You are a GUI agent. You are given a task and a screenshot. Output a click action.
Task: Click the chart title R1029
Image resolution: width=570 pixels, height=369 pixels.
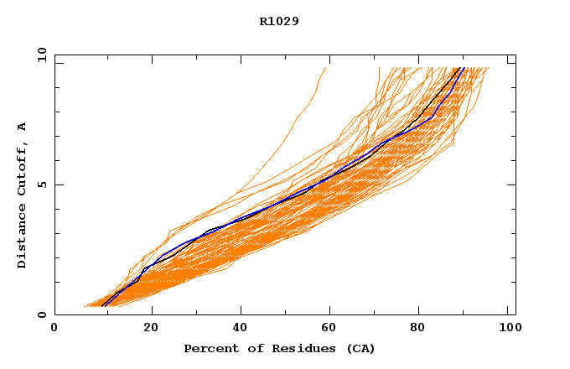pos(279,21)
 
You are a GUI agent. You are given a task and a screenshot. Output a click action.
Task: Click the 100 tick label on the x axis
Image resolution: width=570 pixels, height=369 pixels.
pos(508,330)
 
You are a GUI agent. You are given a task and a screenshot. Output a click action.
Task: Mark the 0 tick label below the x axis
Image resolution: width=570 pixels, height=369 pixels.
pos(54,330)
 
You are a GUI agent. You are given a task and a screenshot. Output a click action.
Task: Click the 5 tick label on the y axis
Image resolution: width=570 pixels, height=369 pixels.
pos(41,184)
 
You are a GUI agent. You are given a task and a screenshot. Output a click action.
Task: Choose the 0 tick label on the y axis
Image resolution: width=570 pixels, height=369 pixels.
pos(41,314)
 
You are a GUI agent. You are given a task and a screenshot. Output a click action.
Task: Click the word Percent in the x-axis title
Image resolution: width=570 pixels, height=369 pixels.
pos(208,348)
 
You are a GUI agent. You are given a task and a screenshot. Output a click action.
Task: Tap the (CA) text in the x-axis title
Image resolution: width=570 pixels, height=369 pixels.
pos(359,348)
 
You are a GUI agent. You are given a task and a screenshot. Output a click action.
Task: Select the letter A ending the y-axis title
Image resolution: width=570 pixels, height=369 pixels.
pos(22,127)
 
